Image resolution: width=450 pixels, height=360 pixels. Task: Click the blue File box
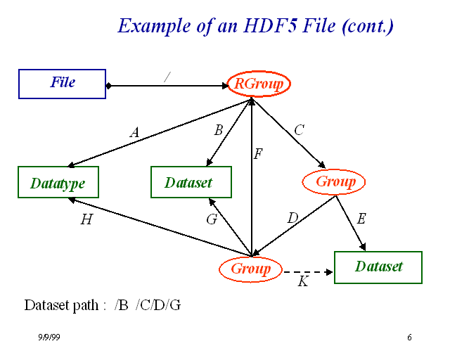point(62,84)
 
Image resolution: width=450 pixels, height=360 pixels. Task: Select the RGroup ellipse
point(259,84)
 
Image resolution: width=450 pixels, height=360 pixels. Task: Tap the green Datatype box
point(58,183)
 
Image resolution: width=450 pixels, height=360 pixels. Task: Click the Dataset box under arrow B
point(191,183)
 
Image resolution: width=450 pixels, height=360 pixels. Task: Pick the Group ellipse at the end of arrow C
point(335,182)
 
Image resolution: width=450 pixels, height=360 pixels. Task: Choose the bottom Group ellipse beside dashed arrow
point(250,269)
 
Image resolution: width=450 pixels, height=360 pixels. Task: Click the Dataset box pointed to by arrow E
point(378,267)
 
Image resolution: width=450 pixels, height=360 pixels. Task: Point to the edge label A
point(134,131)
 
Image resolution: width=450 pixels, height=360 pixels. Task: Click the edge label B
point(218,130)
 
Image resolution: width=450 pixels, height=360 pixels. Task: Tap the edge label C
point(299,130)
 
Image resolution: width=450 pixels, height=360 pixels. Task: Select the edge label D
point(293,219)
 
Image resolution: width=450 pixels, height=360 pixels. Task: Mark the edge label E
point(361,219)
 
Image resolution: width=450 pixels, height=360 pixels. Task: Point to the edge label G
point(211,219)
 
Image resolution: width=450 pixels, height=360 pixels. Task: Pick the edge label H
point(86,219)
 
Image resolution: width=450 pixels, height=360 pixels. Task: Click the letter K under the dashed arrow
point(303,282)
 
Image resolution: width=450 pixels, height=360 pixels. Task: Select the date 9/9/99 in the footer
point(49,338)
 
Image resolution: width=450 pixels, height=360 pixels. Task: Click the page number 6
point(409,338)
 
